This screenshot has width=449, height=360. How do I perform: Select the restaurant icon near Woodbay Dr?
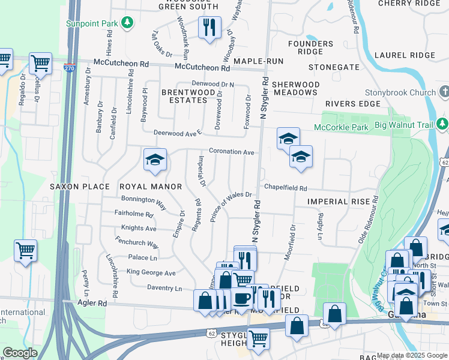pos(209,28)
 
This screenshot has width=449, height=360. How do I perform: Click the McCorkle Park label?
pos(342,127)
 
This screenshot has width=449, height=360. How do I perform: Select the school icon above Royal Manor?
pos(154,160)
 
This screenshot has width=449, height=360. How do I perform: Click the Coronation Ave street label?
pos(231,152)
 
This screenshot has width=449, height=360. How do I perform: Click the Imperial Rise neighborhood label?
pos(338,202)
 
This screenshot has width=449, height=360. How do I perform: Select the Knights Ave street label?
pos(139,229)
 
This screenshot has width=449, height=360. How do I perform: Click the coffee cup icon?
pos(243,298)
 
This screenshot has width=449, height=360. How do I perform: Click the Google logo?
pos(20,353)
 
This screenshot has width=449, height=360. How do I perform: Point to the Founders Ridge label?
pos(310,48)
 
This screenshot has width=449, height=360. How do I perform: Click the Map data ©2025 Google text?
pos(412,356)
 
